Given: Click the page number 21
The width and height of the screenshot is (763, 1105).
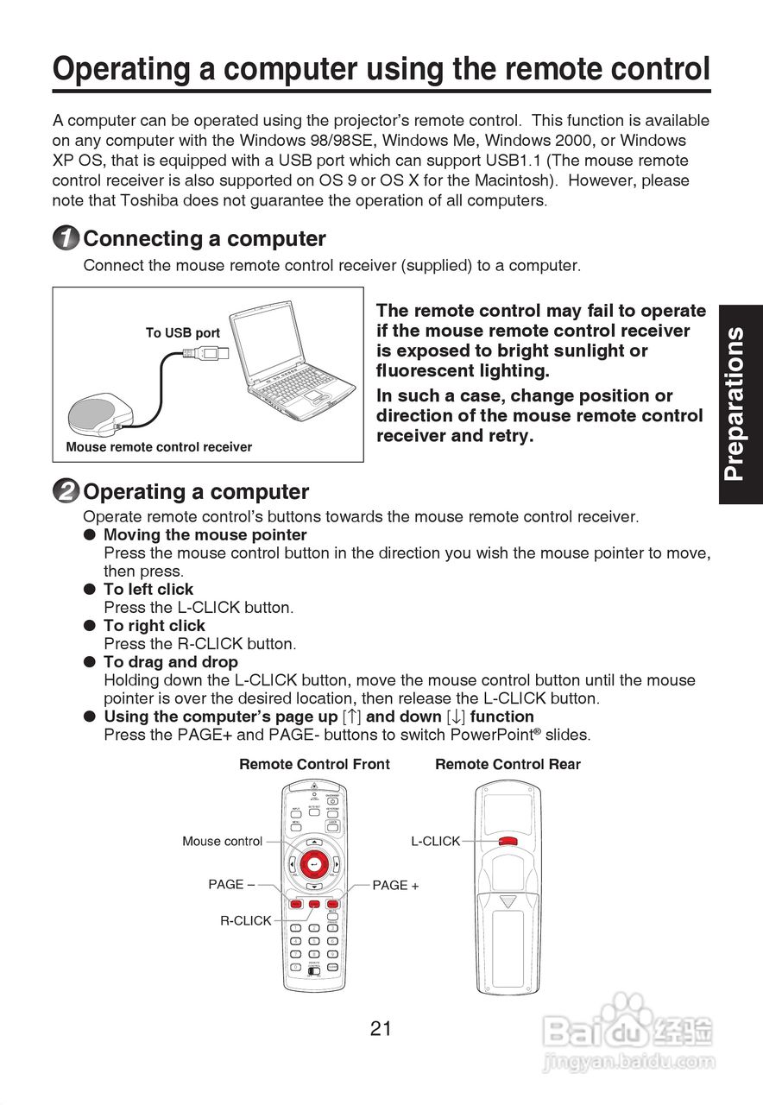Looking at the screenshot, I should (381, 1028).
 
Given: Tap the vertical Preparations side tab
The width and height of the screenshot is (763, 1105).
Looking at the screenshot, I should (739, 404).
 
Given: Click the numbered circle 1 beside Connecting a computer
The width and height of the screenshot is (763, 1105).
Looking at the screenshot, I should (66, 239).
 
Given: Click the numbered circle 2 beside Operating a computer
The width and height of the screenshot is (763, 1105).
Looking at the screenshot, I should (66, 492).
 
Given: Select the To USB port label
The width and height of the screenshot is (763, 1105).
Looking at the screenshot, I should (182, 333).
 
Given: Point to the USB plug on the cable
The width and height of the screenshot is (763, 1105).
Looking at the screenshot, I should (210, 352).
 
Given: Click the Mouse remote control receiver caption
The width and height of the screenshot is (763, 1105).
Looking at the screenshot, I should (159, 447).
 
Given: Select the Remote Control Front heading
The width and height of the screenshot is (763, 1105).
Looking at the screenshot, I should (314, 764).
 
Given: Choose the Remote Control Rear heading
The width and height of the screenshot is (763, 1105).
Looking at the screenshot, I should (508, 764).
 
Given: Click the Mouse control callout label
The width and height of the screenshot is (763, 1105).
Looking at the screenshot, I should (222, 842).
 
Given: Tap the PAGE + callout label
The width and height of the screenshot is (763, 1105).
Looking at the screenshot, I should (395, 885).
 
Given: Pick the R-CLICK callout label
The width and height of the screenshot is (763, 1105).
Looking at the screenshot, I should (245, 921).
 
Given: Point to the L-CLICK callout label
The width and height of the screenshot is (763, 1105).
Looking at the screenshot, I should (435, 841).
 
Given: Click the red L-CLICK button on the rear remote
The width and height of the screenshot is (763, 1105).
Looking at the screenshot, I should (508, 842).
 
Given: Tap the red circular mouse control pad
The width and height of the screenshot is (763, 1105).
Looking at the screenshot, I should (314, 863).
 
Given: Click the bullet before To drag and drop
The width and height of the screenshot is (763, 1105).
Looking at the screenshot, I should (88, 662).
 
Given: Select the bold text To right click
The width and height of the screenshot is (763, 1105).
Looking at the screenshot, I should (154, 626).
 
